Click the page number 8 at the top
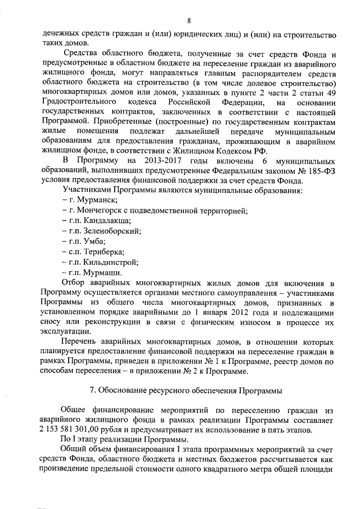[189, 21]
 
